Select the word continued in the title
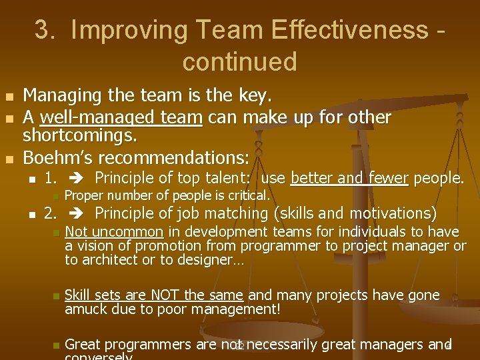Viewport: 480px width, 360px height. [x=239, y=62]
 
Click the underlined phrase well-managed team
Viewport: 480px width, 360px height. [x=121, y=118]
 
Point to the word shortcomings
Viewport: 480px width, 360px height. [x=80, y=136]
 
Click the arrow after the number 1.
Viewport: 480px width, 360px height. [x=74, y=178]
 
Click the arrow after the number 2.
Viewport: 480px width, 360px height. [x=74, y=213]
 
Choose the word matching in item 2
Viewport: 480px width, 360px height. [x=227, y=213]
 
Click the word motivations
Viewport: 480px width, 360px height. [x=389, y=213]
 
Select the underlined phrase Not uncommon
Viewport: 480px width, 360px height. [x=114, y=232]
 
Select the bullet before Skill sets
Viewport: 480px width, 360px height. [x=56, y=296]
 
